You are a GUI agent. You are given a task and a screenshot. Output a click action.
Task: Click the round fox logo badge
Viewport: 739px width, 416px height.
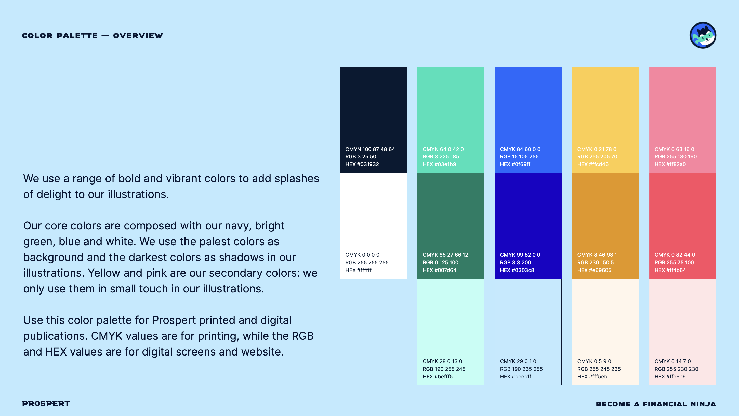(703, 35)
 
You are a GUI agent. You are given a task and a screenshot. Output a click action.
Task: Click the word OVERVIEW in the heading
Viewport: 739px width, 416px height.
(138, 36)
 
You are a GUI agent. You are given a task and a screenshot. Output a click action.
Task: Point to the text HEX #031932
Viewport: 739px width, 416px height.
(362, 164)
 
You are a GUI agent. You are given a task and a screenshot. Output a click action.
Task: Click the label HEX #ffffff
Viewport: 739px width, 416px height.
(358, 270)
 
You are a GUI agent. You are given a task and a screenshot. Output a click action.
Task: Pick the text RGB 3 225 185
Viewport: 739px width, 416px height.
(441, 157)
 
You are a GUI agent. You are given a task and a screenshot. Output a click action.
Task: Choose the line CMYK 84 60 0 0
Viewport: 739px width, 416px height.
(520, 149)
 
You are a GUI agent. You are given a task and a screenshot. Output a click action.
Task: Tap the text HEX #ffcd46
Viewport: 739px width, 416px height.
(593, 164)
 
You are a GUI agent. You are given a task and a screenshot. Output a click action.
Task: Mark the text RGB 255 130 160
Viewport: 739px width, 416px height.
(675, 157)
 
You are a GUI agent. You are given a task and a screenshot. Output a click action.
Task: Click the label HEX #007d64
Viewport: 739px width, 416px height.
(439, 270)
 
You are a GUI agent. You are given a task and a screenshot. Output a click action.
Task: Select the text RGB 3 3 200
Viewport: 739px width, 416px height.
(515, 262)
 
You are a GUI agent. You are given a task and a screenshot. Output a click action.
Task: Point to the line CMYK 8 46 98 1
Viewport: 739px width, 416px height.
(597, 255)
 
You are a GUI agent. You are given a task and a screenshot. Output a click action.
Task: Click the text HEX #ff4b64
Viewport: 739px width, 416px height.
(670, 270)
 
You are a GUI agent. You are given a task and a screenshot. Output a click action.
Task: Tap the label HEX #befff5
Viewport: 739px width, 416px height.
(438, 376)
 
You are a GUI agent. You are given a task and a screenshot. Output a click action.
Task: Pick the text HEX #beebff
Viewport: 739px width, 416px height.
(516, 376)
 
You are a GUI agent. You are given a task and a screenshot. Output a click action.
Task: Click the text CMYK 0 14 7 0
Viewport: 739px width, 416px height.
(672, 361)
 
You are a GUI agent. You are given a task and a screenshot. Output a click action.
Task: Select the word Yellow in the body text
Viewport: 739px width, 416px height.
(104, 273)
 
